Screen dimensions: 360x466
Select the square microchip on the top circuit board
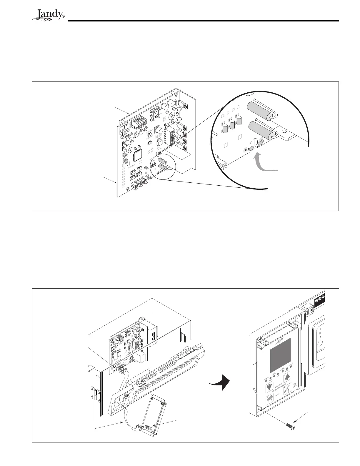(x=138, y=155)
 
